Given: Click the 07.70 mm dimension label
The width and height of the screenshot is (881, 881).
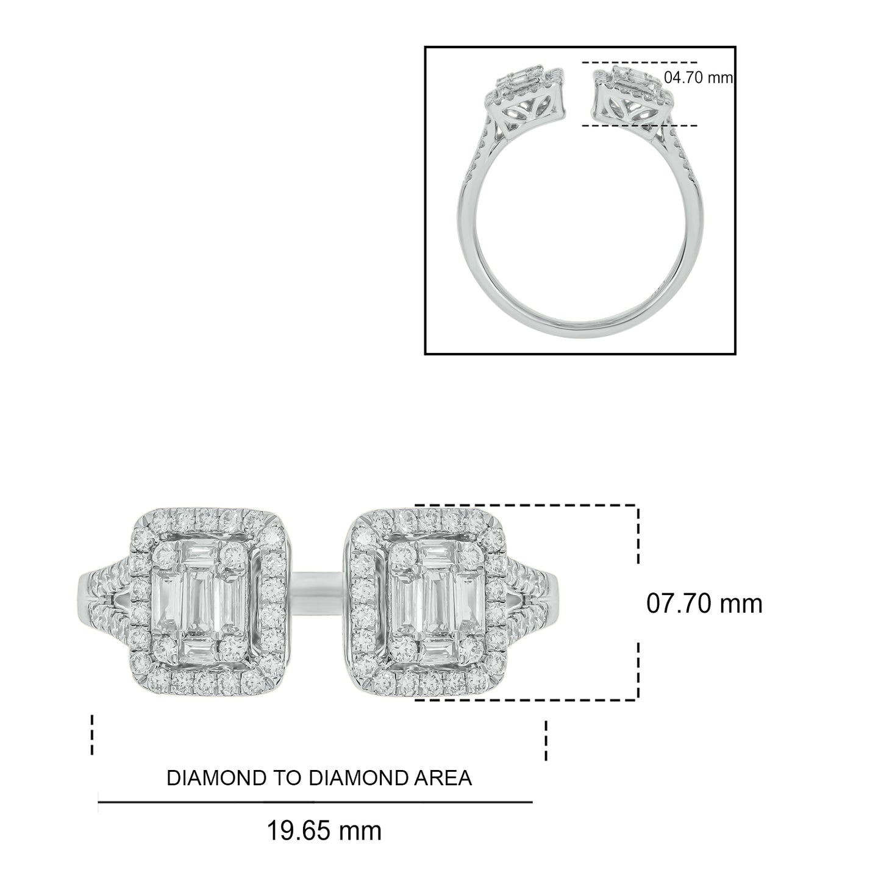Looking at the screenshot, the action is (x=704, y=604).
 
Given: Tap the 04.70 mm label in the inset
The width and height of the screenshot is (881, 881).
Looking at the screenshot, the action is (x=698, y=78).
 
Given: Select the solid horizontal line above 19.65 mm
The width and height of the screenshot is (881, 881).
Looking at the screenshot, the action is (x=315, y=802).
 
